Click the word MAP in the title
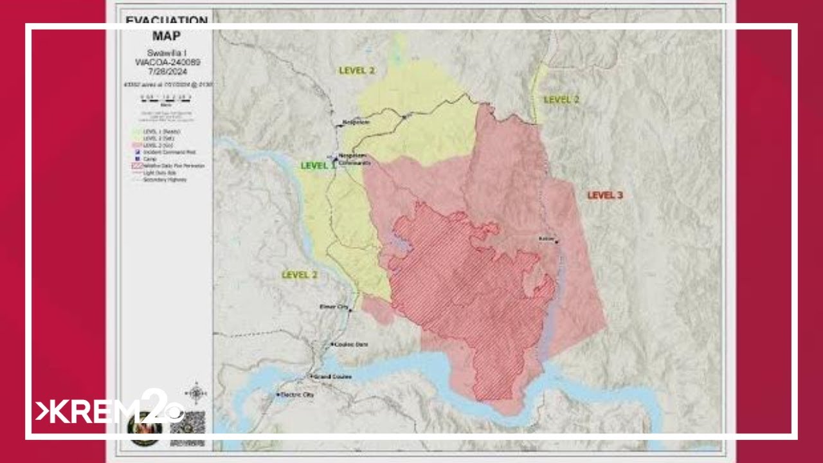click(x=166, y=36)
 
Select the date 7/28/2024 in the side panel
click(x=166, y=71)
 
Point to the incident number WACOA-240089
click(x=166, y=62)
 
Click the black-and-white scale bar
click(x=166, y=97)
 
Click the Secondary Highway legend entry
click(x=168, y=180)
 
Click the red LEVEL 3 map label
click(x=605, y=195)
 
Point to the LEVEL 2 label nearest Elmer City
click(x=300, y=275)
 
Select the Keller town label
click(x=547, y=239)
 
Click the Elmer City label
click(x=333, y=307)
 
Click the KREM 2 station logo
click(x=109, y=409)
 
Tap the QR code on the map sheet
click(x=188, y=421)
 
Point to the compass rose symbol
click(x=195, y=392)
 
